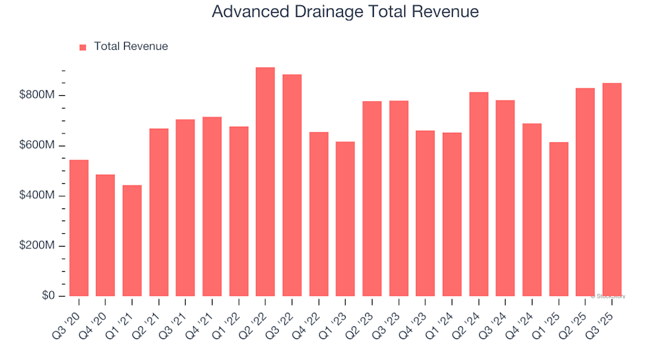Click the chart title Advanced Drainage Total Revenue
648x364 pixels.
click(x=345, y=11)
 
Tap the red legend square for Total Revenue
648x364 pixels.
click(x=83, y=47)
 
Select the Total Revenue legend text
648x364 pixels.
click(x=131, y=47)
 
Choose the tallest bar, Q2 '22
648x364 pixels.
click(x=265, y=182)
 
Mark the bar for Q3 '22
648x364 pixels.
click(x=292, y=185)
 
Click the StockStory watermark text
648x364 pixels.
click(x=608, y=296)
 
